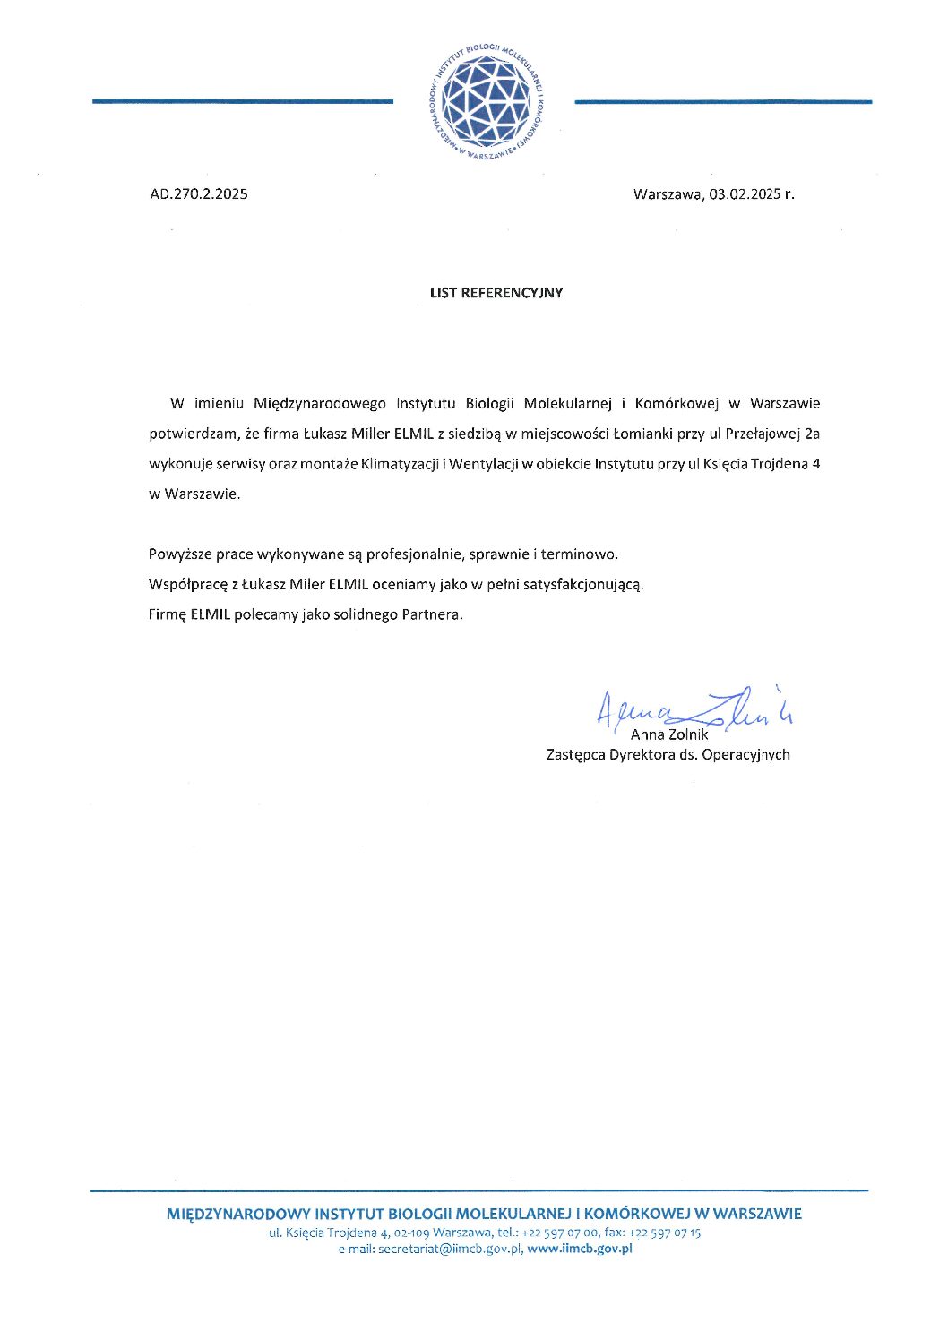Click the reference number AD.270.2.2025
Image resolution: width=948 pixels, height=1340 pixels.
pos(199,193)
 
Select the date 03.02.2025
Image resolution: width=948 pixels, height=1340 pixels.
pos(745,193)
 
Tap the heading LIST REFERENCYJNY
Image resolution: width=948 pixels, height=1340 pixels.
pos(496,293)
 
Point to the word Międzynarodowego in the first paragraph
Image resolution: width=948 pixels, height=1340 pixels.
pos(320,403)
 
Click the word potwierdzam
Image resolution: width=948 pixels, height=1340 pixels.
pos(193,434)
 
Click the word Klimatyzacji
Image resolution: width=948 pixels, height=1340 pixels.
pos(400,464)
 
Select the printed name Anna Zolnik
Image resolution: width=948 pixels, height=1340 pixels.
pos(669,734)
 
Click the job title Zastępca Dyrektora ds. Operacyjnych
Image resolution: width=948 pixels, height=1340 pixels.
pos(668,754)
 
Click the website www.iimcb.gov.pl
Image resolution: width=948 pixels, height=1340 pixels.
pos(580,1249)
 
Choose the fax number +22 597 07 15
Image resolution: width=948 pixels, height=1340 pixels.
pos(665,1233)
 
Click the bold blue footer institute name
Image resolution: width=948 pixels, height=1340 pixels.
pos(484,1215)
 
